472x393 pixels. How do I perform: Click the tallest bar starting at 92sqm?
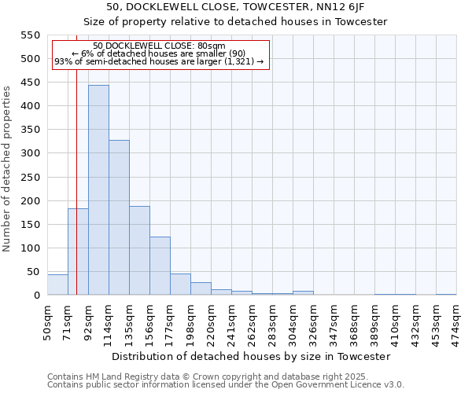pos(98,190)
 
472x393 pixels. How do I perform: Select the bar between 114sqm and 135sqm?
pos(119,218)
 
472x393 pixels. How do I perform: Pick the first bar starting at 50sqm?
pos(57,285)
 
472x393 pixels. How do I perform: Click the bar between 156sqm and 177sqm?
pos(160,266)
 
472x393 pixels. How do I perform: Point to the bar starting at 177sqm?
pos(180,285)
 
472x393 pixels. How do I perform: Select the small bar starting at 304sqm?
pos(303,293)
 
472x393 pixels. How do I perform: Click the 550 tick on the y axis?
pos(29,35)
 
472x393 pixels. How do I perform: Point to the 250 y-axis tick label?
pos(29,177)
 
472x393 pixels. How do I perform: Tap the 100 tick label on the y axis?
pos(29,248)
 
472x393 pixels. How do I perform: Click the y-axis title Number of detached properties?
pos(7,169)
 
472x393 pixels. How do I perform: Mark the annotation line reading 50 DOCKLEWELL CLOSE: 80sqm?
pos(159,46)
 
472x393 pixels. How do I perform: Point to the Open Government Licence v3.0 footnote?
pos(226,385)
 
